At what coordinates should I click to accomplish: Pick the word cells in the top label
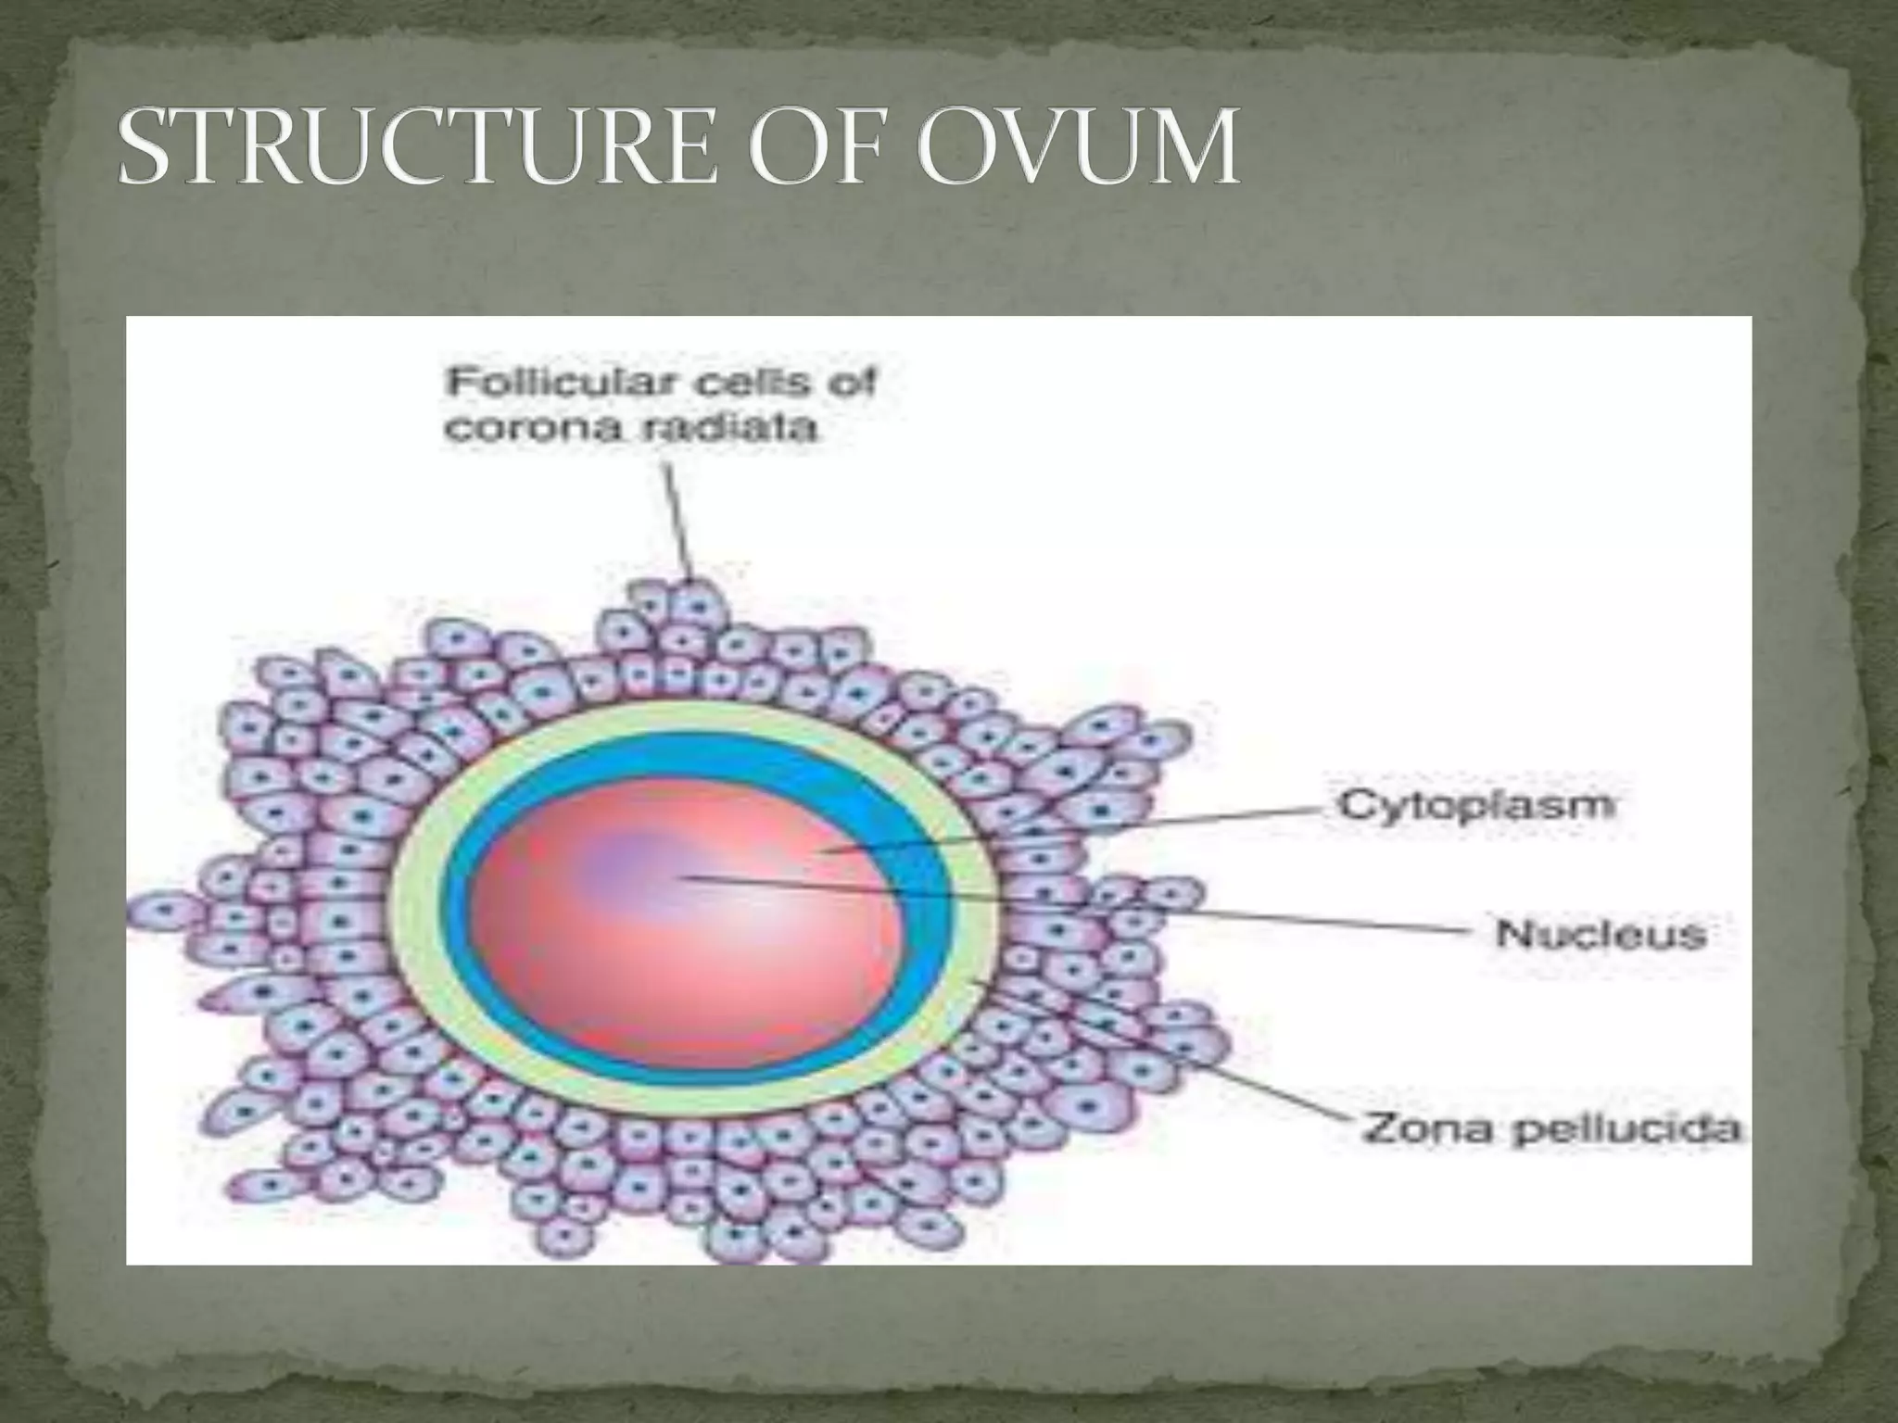coord(749,383)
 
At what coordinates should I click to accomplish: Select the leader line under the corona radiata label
coord(676,519)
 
